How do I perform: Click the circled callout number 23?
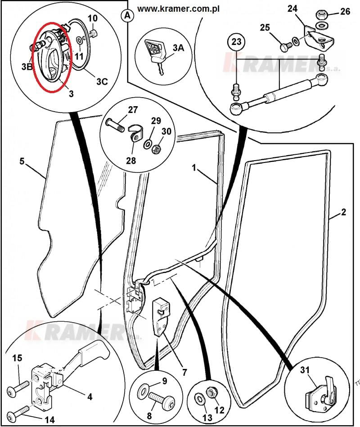pyautogui.click(x=236, y=42)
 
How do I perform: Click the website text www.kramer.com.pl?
pyautogui.click(x=178, y=9)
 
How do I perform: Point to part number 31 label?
pyautogui.click(x=305, y=370)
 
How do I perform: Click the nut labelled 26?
pyautogui.click(x=322, y=15)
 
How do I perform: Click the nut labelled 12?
pyautogui.click(x=211, y=393)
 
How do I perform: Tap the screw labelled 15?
pyautogui.click(x=18, y=389)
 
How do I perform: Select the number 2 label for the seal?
pyautogui.click(x=343, y=212)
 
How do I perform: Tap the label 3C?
pyautogui.click(x=102, y=81)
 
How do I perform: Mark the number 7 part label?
pyautogui.click(x=184, y=372)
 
